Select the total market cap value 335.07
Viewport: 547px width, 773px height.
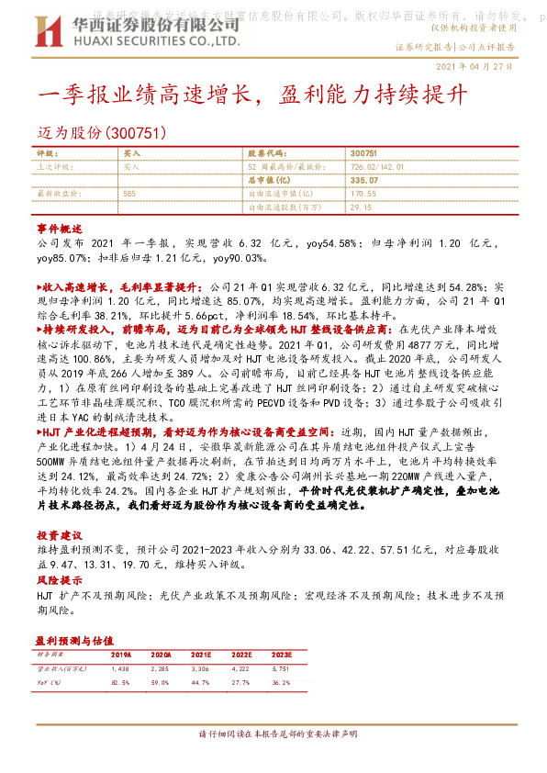(x=364, y=181)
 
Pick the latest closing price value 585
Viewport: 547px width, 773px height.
(x=129, y=195)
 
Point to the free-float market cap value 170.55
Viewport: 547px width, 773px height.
(x=363, y=195)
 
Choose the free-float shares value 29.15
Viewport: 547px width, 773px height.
(x=361, y=207)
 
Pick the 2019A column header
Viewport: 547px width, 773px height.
(x=120, y=655)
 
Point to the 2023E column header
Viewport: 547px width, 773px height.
(x=282, y=655)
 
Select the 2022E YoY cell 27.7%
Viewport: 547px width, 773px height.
(x=240, y=684)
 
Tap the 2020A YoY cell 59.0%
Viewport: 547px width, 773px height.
(x=161, y=684)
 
